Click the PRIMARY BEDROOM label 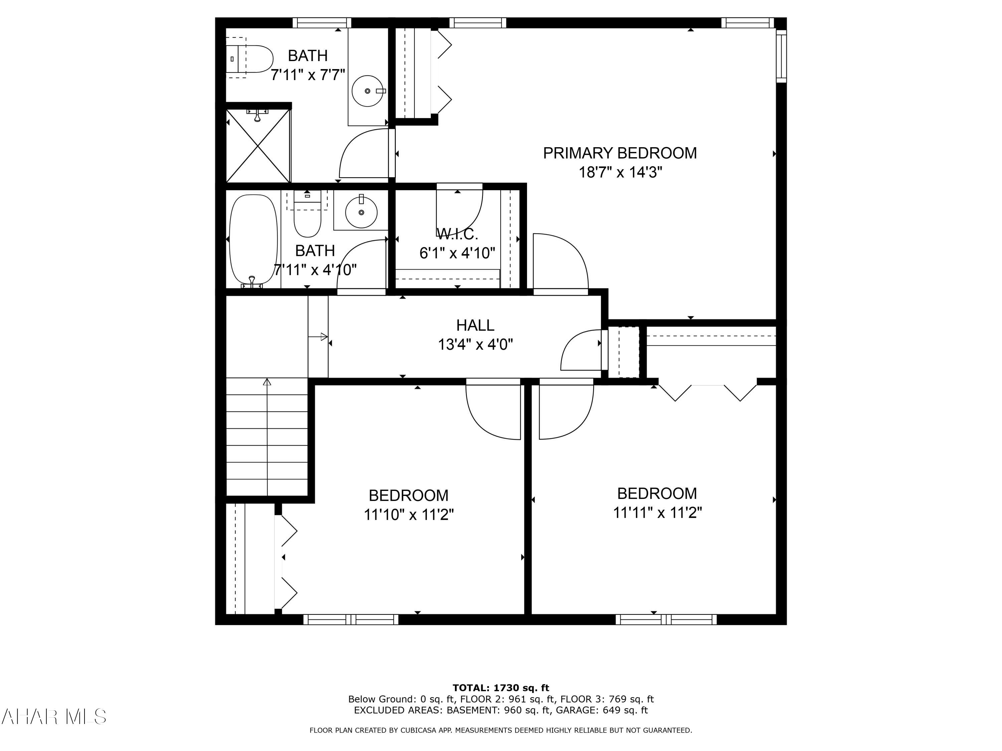(619, 153)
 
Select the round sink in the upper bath (367, 91)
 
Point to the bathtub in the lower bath (253, 239)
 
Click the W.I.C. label (457, 234)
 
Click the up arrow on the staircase (267, 383)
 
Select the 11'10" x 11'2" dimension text (408, 515)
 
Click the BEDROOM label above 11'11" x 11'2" (657, 493)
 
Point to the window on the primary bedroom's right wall (782, 56)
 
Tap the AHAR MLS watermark (53, 717)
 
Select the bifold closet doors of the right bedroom (707, 392)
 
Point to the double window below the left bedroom (351, 619)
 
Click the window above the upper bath (322, 23)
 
